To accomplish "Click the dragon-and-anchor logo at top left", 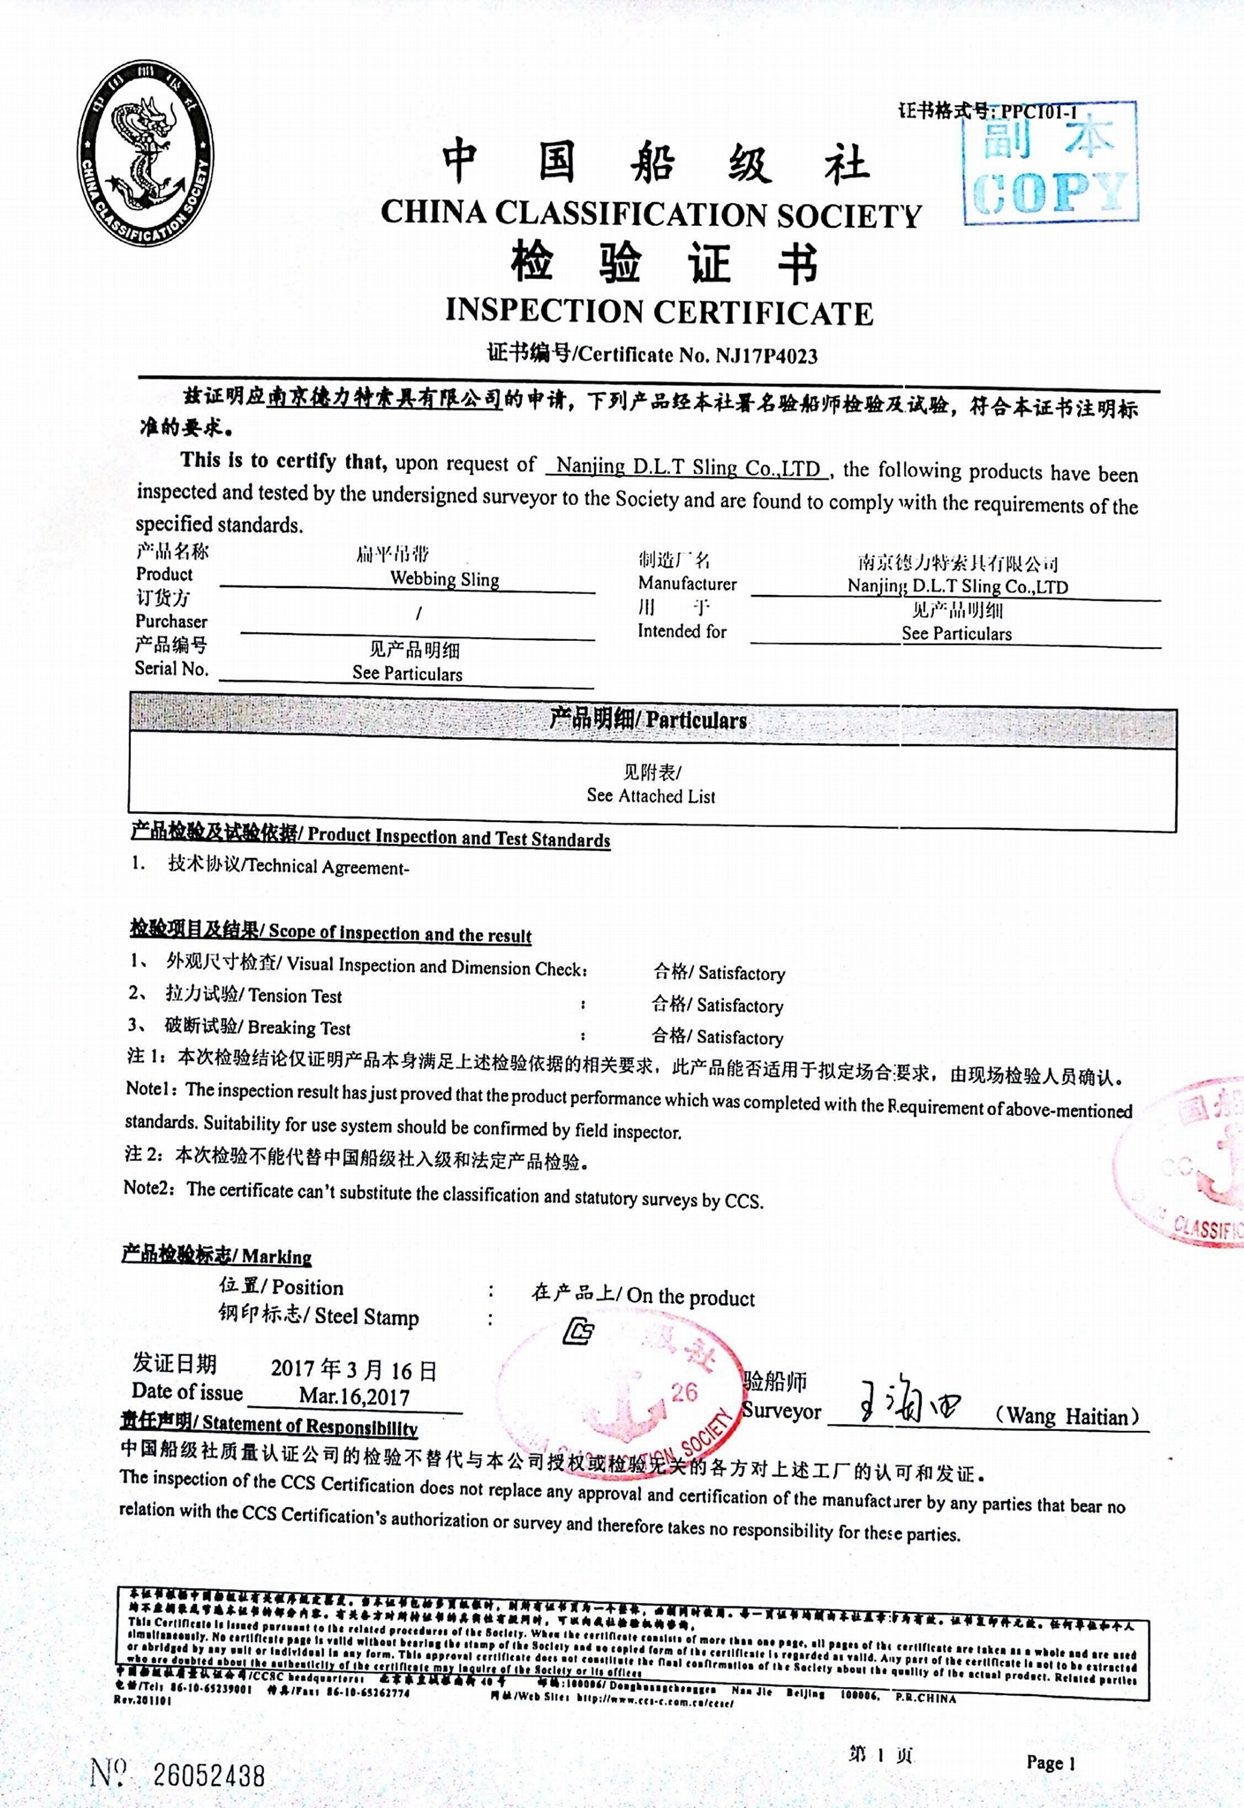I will [146, 154].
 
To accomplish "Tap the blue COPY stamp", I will [1050, 164].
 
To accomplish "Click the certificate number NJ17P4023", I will [766, 356].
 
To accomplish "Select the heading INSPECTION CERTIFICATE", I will [659, 311].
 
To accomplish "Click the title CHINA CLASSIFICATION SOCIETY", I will [651, 215].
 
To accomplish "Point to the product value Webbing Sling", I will [444, 579].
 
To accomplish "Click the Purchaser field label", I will [171, 621].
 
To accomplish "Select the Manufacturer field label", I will [687, 584].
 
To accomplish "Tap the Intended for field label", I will [682, 631].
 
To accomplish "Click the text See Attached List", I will [651, 795].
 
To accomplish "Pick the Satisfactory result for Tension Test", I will [740, 1006].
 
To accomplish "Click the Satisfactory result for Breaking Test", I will [740, 1037].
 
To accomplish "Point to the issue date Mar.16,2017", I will [354, 1397].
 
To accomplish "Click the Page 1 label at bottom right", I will [1050, 1763].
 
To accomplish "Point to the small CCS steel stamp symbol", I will [578, 1331].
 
